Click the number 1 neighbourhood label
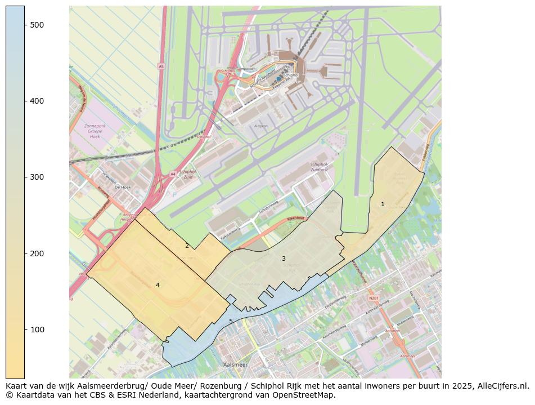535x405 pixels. tap(383, 204)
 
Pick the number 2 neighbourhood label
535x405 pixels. tap(187, 246)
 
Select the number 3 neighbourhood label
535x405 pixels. tap(284, 259)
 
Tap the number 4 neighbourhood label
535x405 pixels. tap(158, 285)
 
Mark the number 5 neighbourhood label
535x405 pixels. tap(231, 321)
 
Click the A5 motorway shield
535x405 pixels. tap(161, 66)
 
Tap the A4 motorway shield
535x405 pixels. tap(172, 175)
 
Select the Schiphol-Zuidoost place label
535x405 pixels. tap(322, 167)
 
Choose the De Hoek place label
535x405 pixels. tap(122, 187)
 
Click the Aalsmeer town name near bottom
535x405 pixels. tap(235, 365)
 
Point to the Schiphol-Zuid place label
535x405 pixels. tap(187, 174)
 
